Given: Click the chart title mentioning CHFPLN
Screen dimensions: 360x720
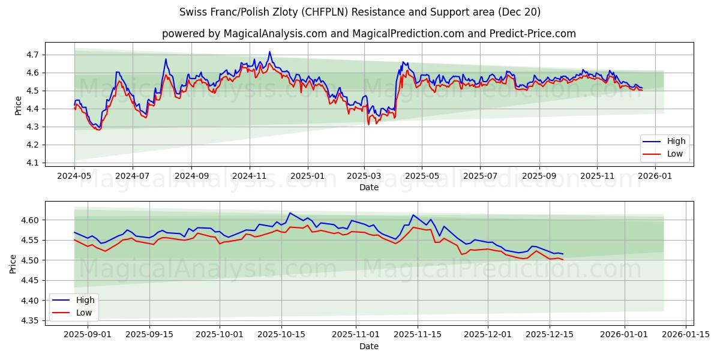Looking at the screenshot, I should pos(360,12).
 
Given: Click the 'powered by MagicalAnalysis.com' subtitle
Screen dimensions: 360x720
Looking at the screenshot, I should pos(368,34).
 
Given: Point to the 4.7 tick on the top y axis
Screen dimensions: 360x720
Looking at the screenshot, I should pos(32,55).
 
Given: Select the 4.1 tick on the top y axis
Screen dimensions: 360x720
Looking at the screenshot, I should pos(32,163).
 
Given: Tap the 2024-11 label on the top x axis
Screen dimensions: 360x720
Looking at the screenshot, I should pos(250,176).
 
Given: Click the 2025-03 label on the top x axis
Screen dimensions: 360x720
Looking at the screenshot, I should pos(364,176).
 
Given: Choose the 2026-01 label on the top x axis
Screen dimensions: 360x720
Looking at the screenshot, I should pos(655,176).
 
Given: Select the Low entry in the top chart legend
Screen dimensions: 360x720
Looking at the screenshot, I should pos(670,154).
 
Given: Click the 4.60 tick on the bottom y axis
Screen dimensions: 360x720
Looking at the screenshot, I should pos(30,220).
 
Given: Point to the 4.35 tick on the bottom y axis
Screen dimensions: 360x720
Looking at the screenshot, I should pos(30,320).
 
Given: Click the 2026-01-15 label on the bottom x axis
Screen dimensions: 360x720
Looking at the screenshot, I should pos(686,334).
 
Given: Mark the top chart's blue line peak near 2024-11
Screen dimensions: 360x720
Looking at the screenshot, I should pos(269,52).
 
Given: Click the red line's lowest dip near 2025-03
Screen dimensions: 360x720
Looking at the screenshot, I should pos(368,124).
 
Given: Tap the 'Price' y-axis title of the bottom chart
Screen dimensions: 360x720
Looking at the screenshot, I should pos(13,264).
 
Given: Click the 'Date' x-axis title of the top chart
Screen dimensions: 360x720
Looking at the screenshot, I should pos(368,187).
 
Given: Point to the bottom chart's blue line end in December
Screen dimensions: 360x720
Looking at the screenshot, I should pos(563,254).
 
